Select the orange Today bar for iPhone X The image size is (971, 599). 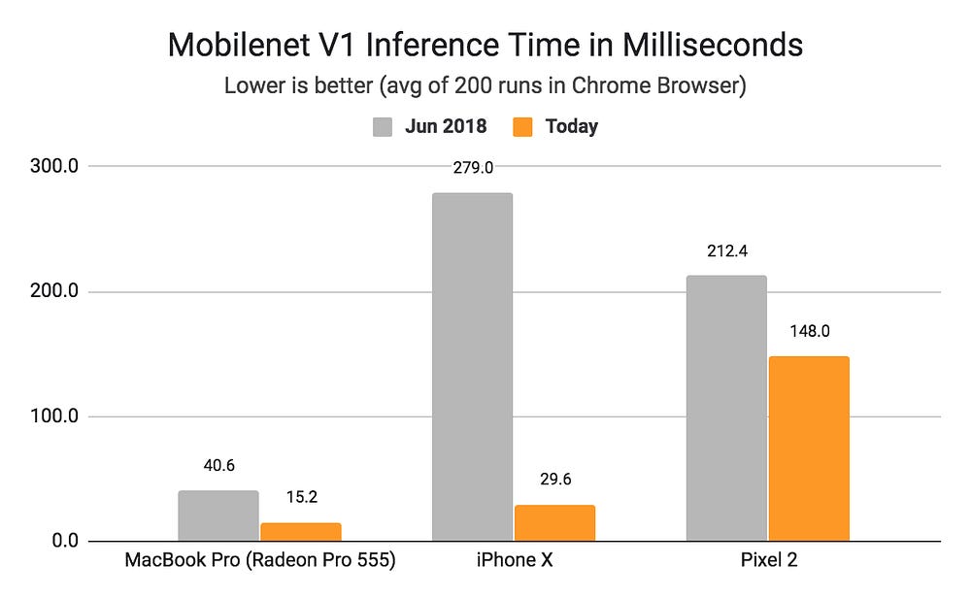(554, 523)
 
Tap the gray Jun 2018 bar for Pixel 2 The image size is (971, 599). (726, 408)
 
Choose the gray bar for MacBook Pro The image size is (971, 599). (218, 516)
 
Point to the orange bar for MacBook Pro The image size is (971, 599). (301, 531)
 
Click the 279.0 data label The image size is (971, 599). (473, 167)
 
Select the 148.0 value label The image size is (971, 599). (809, 331)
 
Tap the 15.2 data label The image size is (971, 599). (301, 498)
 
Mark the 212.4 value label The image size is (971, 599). (726, 250)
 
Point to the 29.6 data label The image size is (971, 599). (554, 481)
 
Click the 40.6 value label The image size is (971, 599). (218, 465)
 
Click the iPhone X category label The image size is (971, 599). (514, 562)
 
